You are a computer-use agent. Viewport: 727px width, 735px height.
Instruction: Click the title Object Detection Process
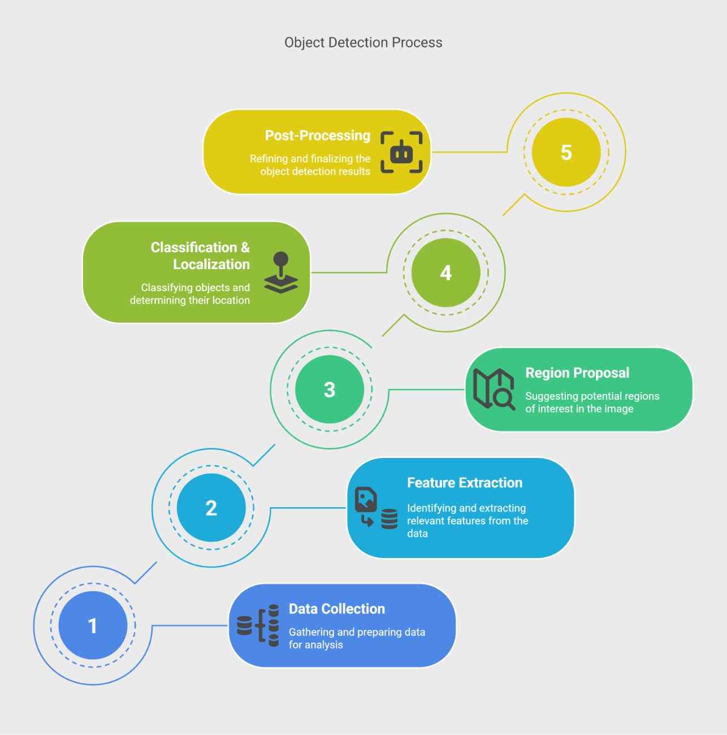(x=363, y=42)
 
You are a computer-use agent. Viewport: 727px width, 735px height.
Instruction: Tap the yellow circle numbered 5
(x=566, y=152)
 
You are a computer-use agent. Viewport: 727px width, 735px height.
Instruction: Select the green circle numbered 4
(x=445, y=273)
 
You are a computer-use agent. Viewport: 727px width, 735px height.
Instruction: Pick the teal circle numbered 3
(x=329, y=390)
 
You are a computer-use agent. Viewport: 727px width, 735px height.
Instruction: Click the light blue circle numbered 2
(x=211, y=508)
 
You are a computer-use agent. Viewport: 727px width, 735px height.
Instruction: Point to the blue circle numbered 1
(x=93, y=625)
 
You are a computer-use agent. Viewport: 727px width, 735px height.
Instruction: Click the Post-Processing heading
(x=317, y=135)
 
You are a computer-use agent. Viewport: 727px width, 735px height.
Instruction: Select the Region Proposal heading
(x=577, y=373)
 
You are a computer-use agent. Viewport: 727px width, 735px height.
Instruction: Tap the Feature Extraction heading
(x=465, y=482)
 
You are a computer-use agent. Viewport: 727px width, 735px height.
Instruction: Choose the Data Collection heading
(x=337, y=609)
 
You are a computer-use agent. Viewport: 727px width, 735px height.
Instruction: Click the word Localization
(x=211, y=265)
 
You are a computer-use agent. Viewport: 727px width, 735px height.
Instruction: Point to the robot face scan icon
(x=401, y=152)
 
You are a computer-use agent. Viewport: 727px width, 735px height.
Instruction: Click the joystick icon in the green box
(x=281, y=273)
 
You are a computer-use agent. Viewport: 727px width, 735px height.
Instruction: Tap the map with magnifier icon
(x=494, y=389)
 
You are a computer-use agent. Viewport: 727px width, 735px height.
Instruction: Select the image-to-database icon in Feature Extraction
(x=376, y=508)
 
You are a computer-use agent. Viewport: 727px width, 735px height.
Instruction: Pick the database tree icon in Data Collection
(x=258, y=625)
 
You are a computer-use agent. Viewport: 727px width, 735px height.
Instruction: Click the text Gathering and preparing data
(x=357, y=632)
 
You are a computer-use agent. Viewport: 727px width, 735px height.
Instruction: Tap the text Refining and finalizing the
(x=310, y=159)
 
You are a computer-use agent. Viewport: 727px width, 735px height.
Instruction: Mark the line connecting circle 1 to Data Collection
(x=189, y=625)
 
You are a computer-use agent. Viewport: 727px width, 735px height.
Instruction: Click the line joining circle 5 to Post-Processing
(x=470, y=152)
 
